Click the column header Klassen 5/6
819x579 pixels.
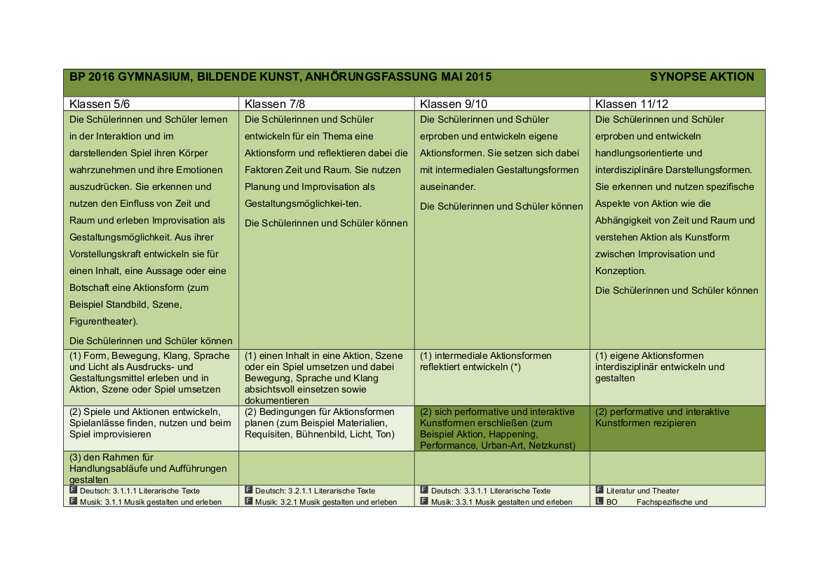(100, 104)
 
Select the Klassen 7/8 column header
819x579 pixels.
(275, 104)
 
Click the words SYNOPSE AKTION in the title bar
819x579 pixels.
(701, 77)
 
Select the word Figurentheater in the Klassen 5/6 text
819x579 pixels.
(102, 321)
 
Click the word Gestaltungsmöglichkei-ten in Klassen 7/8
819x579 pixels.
(303, 203)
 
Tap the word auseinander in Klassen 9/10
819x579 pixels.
(447, 186)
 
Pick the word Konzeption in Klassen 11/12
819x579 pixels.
(620, 271)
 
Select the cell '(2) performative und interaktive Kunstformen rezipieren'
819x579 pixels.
(662, 417)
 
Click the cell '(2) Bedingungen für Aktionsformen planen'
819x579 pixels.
(320, 423)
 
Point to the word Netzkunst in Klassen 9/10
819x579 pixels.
(553, 445)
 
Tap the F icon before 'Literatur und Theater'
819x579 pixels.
(600, 490)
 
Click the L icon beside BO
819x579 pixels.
(600, 501)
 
